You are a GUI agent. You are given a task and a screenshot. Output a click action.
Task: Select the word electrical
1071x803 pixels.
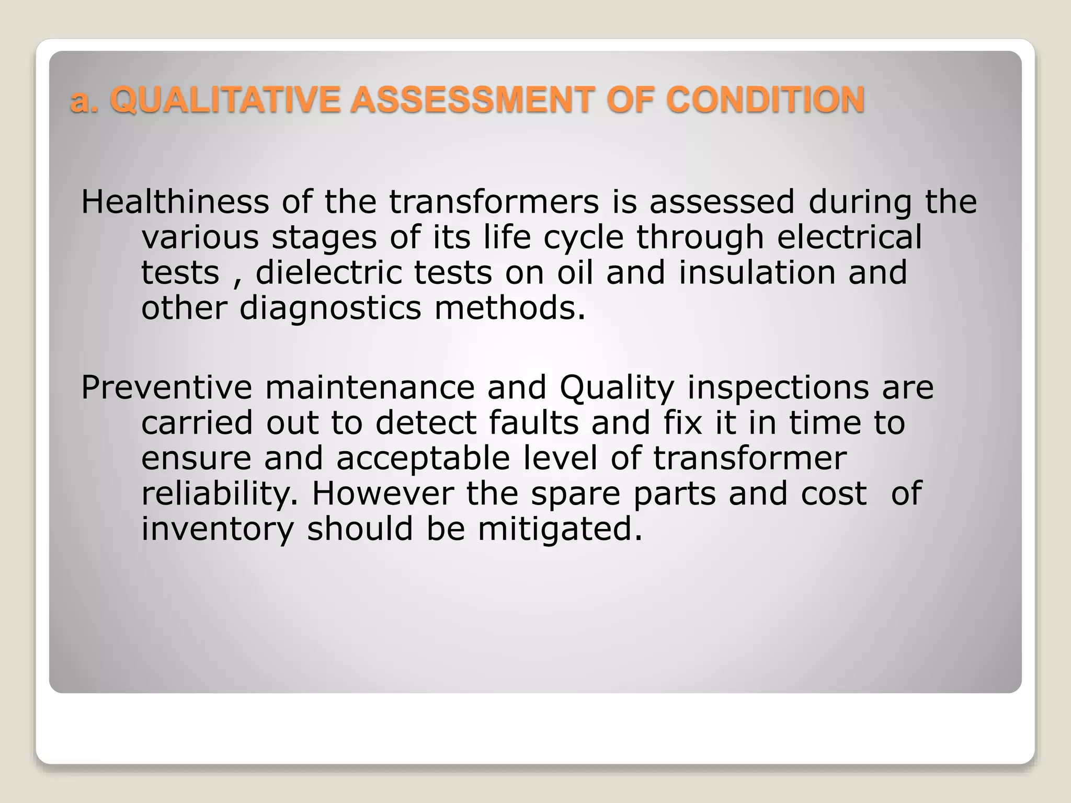[850, 237]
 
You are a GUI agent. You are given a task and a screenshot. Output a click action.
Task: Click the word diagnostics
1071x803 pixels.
[330, 308]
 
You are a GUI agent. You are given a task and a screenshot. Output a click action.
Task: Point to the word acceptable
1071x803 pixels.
[423, 458]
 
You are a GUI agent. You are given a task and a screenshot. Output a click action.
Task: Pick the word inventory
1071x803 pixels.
[218, 529]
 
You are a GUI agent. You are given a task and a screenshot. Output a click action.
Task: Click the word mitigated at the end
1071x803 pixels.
[560, 529]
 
